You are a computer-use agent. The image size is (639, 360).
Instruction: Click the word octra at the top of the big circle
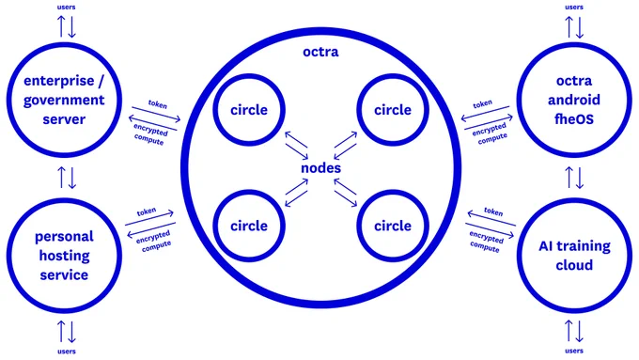click(320, 53)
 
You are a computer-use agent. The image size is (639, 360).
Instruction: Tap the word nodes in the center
click(320, 168)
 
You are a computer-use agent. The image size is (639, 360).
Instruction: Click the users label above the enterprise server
click(66, 7)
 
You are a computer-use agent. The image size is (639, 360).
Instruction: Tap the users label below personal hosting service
click(66, 351)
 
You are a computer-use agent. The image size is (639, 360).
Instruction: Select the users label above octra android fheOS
click(574, 7)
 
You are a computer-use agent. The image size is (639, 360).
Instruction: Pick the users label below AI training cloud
click(574, 351)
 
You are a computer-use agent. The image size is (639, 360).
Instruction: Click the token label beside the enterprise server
click(158, 104)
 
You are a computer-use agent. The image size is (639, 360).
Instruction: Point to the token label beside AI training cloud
click(493, 211)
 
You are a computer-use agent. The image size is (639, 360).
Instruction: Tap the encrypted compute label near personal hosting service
click(154, 241)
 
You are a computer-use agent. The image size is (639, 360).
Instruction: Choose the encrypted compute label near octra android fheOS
click(491, 133)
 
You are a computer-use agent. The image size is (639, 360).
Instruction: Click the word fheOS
click(574, 119)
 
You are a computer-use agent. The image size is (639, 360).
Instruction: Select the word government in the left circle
click(64, 101)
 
